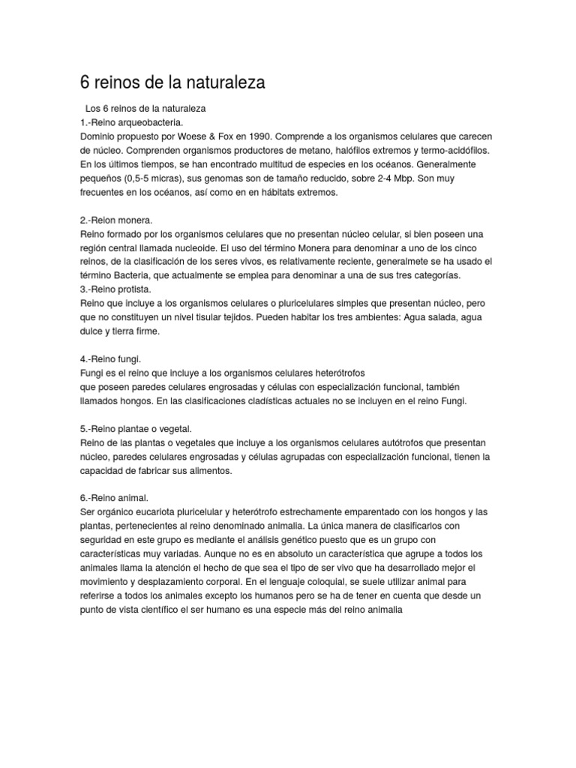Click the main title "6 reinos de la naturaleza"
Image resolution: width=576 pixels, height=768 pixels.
[x=172, y=82]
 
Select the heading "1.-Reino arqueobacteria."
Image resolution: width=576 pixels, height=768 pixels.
[x=131, y=121]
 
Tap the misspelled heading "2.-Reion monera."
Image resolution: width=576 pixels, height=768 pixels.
[x=115, y=220]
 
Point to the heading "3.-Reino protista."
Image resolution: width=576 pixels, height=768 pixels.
[x=115, y=289]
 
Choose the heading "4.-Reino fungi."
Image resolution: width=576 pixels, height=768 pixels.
[x=109, y=358]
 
